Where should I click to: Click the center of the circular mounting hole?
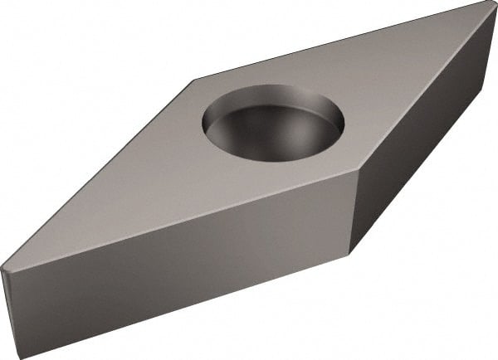272,126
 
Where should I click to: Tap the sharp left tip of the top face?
2,268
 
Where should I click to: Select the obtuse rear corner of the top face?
196,80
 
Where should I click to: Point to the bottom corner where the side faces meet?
349,253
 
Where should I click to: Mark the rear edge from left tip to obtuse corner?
100,174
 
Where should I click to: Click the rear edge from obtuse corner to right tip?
340,41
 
